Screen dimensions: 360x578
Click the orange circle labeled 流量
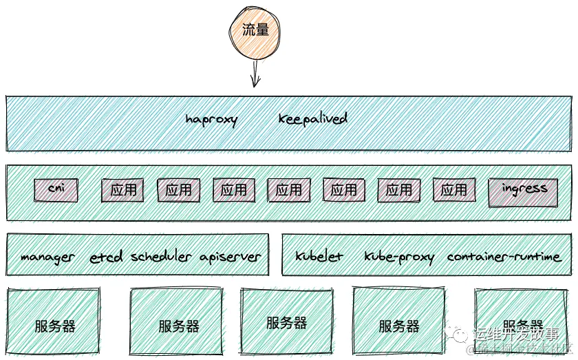[255, 30]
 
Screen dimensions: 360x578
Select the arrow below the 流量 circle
[255, 73]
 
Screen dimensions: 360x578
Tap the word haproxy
[211, 119]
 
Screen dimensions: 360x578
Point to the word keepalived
[312, 118]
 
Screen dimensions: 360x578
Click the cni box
[56, 189]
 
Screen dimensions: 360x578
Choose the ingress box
[523, 192]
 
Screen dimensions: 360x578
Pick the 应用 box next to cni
[123, 190]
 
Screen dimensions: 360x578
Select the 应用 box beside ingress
[453, 190]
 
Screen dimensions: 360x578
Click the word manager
[47, 257]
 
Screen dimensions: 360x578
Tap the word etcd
[107, 257]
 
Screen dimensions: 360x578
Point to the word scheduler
[161, 257]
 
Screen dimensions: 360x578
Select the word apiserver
[230, 257]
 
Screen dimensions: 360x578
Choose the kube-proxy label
[399, 257]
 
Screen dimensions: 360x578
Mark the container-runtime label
[504, 257]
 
